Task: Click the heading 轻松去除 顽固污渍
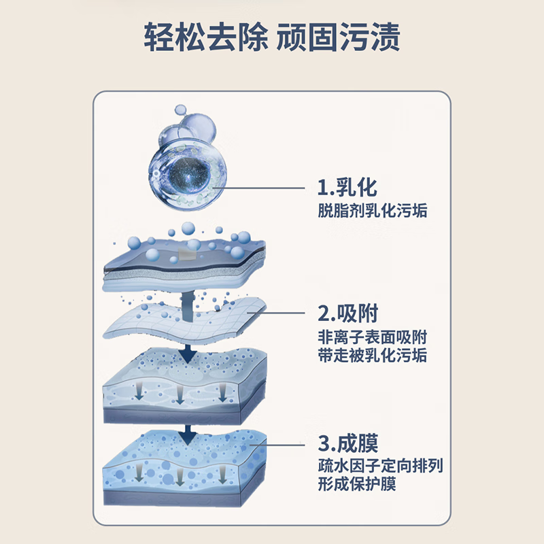click(272, 37)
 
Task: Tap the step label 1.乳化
click(347, 187)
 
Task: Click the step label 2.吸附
click(347, 313)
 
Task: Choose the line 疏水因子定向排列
click(381, 467)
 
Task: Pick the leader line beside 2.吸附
click(279, 314)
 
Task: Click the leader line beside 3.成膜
click(279, 444)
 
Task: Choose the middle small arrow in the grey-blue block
click(180, 394)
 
